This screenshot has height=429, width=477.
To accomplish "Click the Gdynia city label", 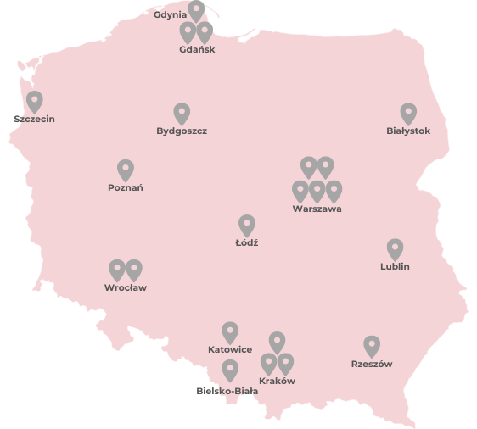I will pos(171,14).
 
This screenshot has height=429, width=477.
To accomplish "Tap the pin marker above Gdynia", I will pos(196,11).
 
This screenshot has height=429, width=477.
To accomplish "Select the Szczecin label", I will pos(34,119).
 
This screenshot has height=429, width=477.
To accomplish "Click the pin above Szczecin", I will pos(34,102).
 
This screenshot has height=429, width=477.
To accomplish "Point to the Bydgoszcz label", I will pos(182,131).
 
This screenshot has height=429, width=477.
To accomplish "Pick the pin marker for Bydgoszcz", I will pos(182,114).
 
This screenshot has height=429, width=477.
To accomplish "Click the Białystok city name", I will pos(408,131).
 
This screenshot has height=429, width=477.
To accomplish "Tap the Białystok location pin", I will pos(408,114).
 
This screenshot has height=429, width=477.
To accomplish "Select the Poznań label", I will pos(126,187).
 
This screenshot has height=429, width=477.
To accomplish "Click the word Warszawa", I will pos(317,209).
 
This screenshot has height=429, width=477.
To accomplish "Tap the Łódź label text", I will pos(247,242).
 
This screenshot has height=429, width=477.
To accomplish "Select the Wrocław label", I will pos(126,287).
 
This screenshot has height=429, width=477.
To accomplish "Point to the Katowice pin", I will pos(230,332).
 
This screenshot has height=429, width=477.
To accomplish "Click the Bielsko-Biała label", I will pos(227,391).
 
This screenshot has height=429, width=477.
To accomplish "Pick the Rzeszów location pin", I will pos(372,346).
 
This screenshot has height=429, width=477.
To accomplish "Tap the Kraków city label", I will pos(277,381).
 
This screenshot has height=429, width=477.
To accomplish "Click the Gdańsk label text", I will pos(197,49).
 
